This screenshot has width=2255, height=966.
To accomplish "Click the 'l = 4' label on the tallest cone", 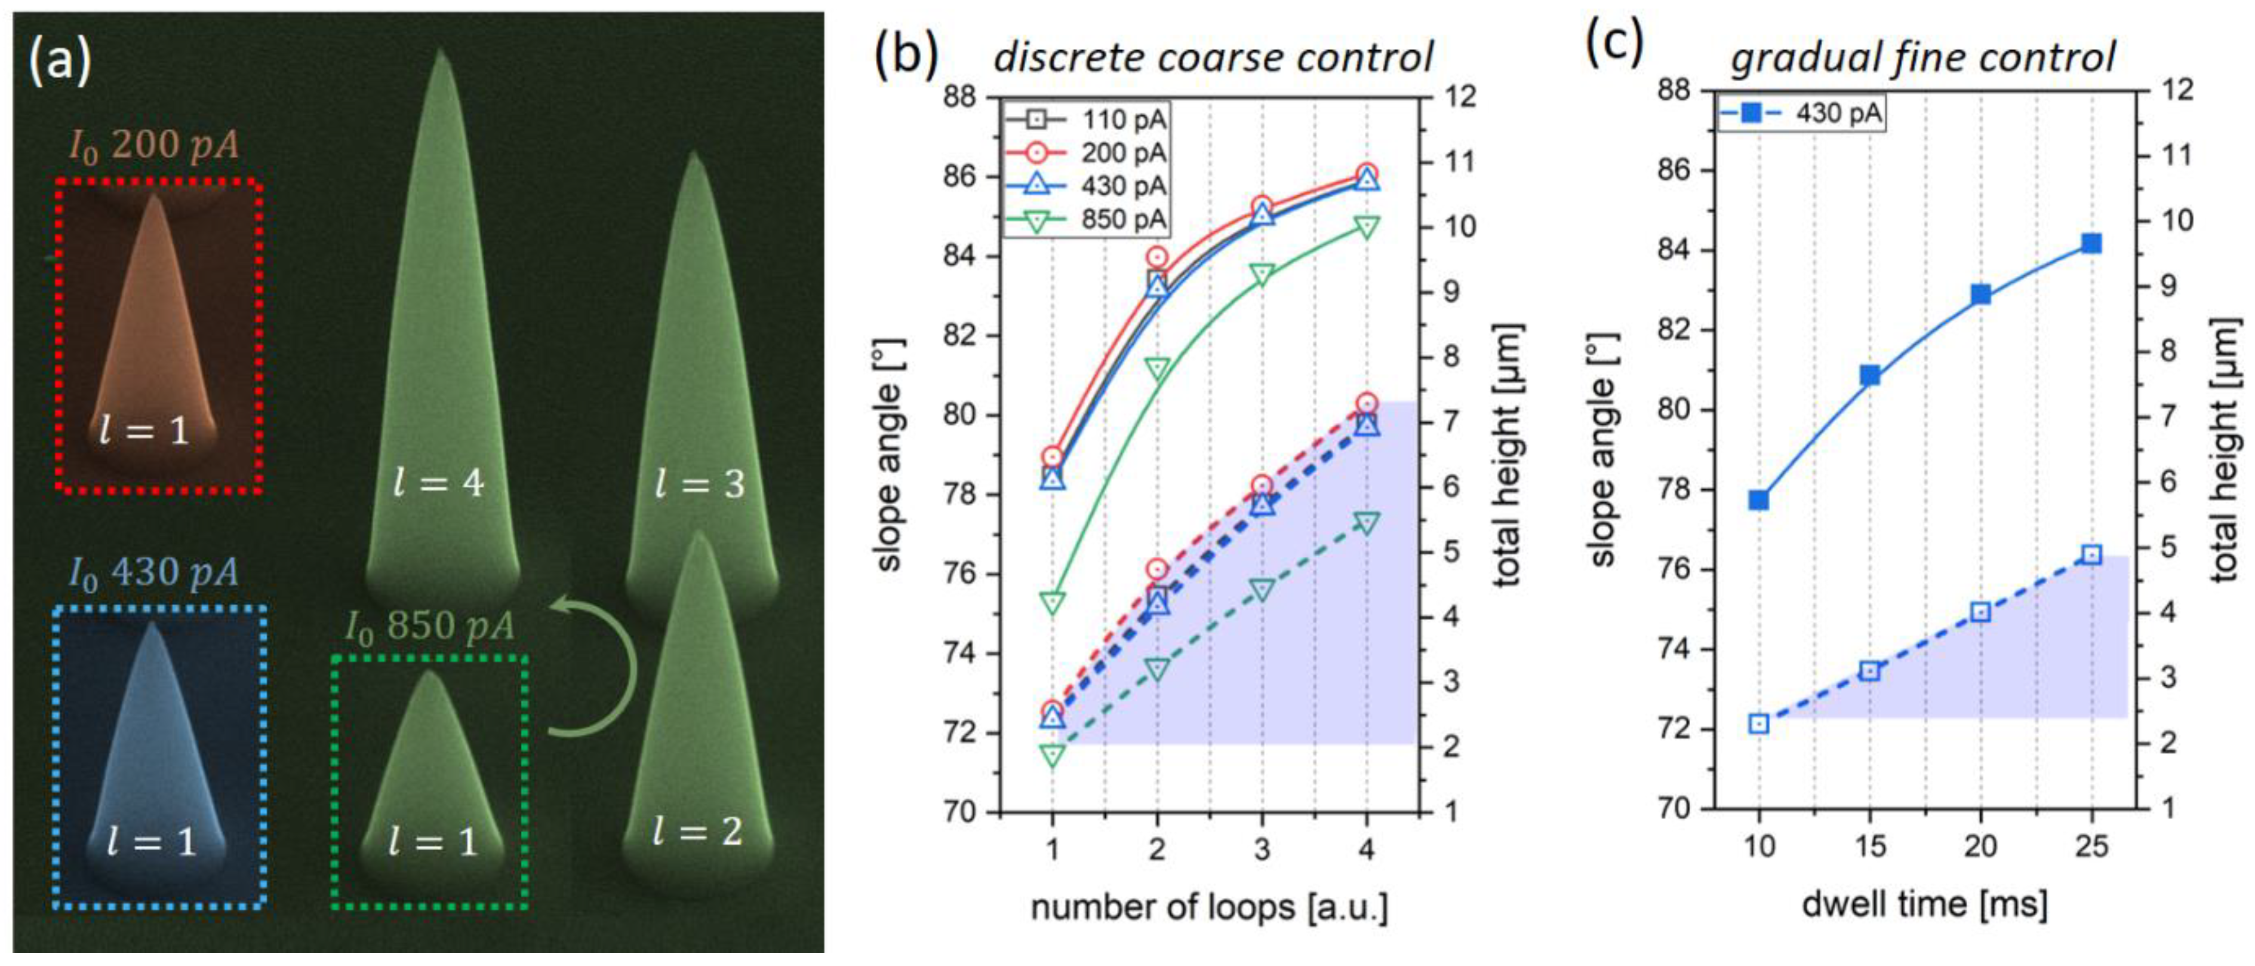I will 438,483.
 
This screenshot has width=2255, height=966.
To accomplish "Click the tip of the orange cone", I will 155,198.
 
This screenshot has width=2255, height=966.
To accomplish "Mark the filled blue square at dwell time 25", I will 2091,244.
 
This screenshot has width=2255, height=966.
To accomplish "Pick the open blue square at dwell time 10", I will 1759,723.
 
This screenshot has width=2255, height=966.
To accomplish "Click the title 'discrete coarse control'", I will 1213,58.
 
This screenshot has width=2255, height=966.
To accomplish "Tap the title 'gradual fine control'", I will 1922,58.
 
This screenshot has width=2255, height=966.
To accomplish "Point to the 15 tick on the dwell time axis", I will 1870,846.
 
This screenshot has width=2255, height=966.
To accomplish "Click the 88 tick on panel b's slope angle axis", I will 959,96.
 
